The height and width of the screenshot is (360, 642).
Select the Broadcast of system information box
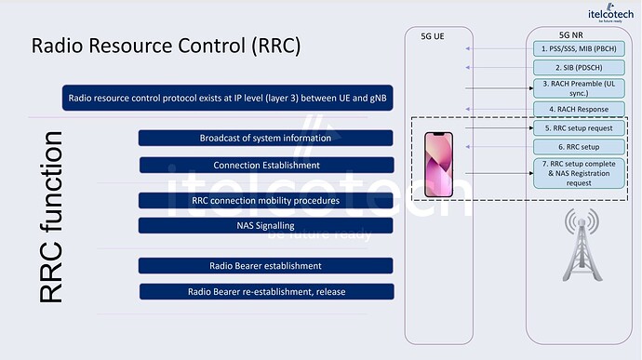pos(265,138)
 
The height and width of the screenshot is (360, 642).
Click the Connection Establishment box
pos(265,166)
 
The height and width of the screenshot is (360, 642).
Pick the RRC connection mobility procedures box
pos(265,200)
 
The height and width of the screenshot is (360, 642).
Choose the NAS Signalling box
pos(265,225)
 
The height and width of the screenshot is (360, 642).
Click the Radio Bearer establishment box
pos(265,266)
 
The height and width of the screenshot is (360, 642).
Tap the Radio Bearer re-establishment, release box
pos(265,291)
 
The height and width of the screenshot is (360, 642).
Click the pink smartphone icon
pos(438,164)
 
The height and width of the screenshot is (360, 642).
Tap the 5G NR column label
pos(578,34)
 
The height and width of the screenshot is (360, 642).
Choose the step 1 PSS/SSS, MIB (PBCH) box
pos(578,48)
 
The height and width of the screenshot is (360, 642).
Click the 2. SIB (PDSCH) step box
pos(578,68)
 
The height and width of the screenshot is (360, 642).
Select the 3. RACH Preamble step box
pos(578,88)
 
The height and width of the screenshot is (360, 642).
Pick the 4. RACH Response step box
pos(578,109)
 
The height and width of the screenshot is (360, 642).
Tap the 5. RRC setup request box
pos(578,127)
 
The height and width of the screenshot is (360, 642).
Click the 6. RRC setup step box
pos(578,147)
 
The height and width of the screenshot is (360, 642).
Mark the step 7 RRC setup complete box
pos(578,173)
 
